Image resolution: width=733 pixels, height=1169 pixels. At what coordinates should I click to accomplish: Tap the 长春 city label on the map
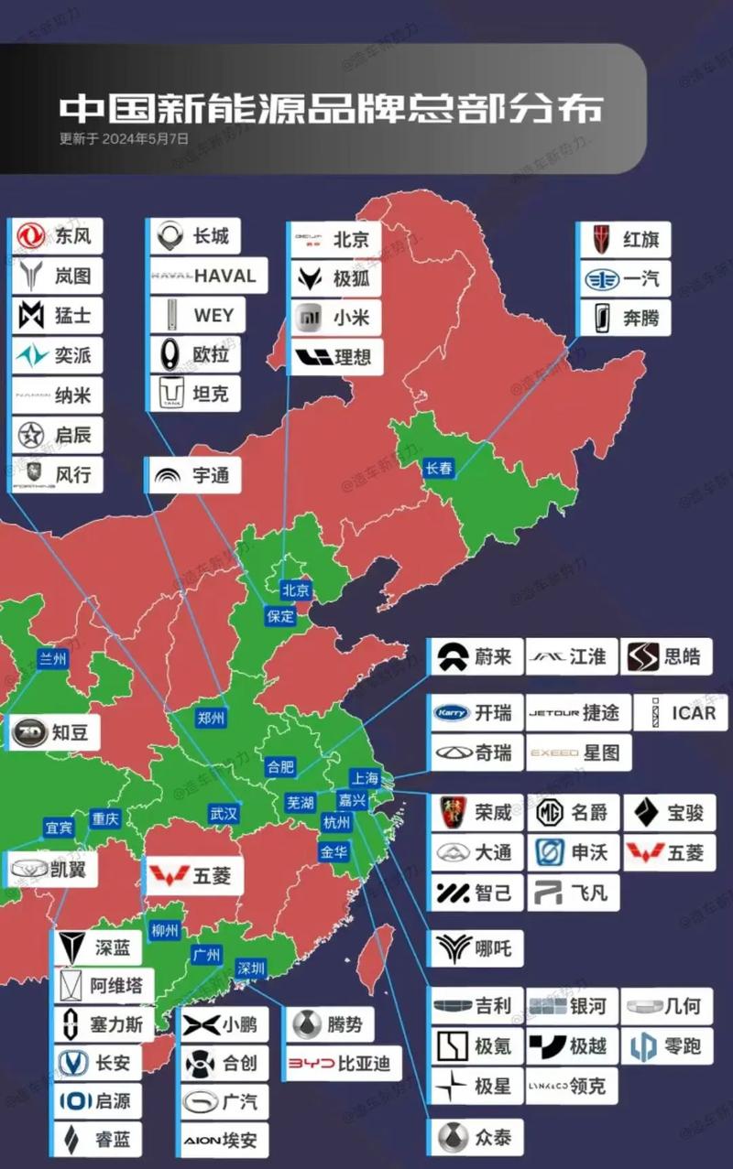pyautogui.click(x=439, y=468)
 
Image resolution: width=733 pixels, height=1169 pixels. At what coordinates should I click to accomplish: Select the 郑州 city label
pyautogui.click(x=211, y=719)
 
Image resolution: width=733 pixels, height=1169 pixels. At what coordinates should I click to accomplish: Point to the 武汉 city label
pyautogui.click(x=224, y=813)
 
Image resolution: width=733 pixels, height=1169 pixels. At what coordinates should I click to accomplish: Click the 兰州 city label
pyautogui.click(x=52, y=658)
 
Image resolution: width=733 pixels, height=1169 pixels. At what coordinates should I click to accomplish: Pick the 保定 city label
pyautogui.click(x=280, y=616)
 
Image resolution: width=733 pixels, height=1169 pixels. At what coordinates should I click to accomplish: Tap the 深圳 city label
pyautogui.click(x=251, y=968)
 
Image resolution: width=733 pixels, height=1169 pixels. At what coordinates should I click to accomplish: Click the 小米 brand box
pyautogui.click(x=336, y=318)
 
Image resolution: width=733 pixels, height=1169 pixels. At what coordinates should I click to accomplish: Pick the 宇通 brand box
pyautogui.click(x=194, y=475)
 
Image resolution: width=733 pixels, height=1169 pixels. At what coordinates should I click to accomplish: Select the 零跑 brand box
pyautogui.click(x=667, y=1045)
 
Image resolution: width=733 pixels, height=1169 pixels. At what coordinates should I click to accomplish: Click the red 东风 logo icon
pyautogui.click(x=30, y=236)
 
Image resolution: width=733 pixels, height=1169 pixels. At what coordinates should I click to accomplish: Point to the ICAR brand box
pyautogui.click(x=680, y=712)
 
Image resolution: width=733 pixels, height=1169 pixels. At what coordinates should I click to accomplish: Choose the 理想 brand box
pyautogui.click(x=336, y=357)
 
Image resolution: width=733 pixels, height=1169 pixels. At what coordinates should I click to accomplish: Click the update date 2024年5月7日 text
pyautogui.click(x=125, y=139)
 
